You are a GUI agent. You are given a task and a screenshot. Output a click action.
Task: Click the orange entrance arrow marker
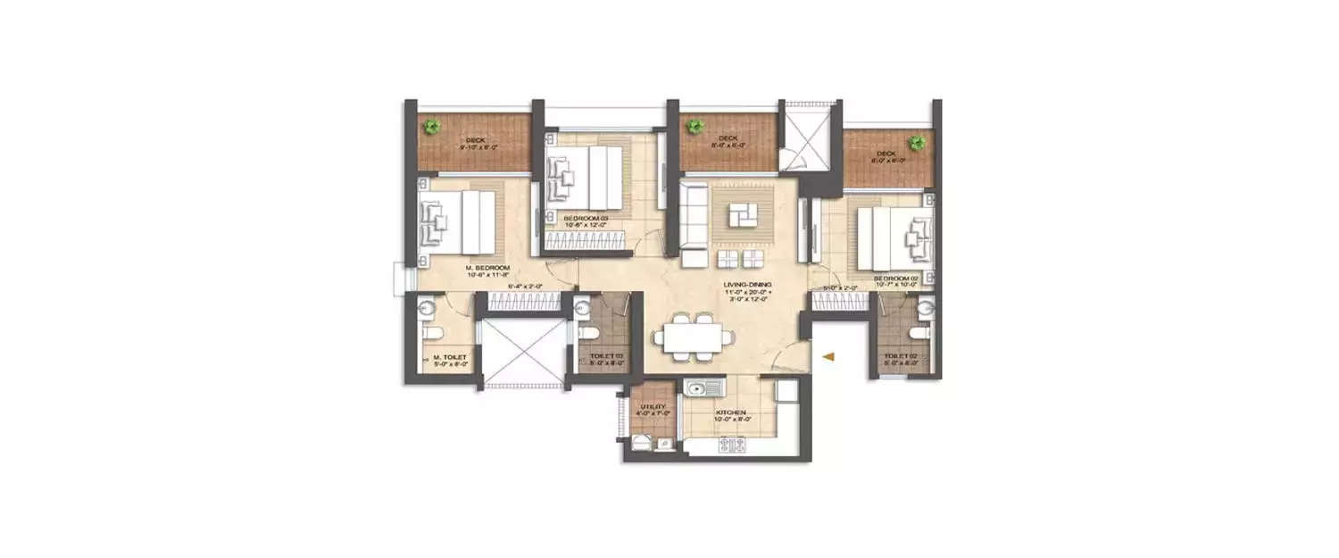(x=829, y=357)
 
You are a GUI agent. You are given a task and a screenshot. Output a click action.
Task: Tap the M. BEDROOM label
(x=487, y=268)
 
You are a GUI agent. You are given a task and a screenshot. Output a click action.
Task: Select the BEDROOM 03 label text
(x=586, y=219)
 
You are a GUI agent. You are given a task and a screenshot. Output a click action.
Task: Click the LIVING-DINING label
(x=748, y=286)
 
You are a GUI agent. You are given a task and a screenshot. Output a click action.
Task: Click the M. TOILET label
(x=448, y=357)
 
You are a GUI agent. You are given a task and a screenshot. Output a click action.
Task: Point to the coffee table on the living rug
(x=740, y=215)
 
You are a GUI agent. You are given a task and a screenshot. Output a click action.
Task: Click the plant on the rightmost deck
(x=916, y=142)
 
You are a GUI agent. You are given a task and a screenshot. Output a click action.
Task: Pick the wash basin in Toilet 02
(x=926, y=308)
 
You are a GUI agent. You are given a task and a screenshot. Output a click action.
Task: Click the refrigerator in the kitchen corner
(x=786, y=391)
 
